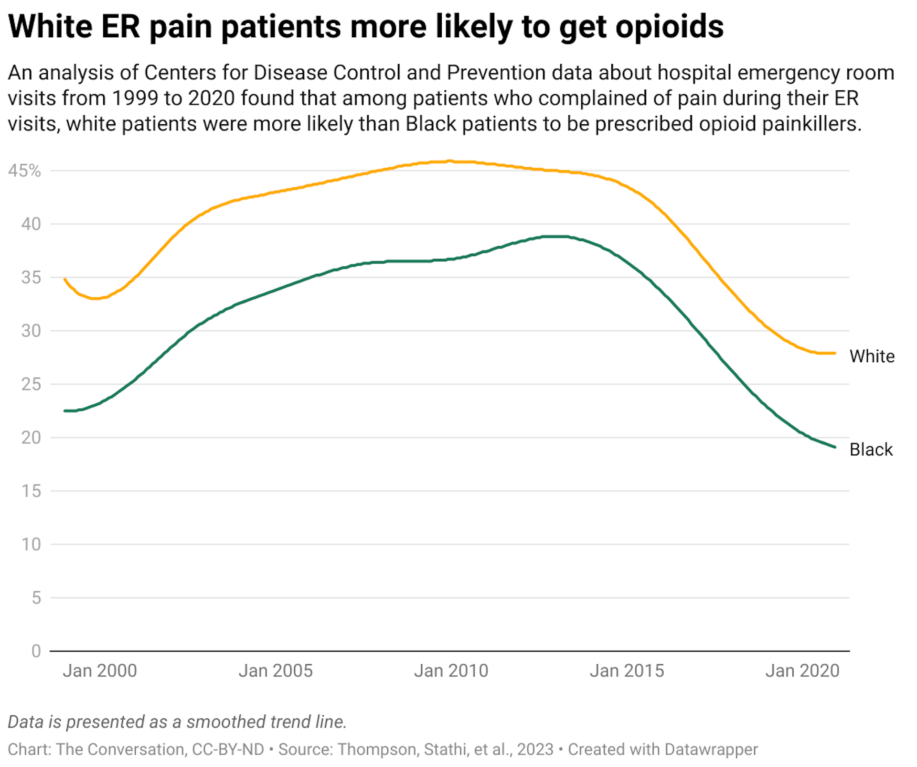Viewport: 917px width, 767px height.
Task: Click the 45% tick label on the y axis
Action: tap(24, 171)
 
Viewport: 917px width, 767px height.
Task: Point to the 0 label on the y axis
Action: tap(36, 651)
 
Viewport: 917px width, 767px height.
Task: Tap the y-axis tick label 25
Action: tap(31, 384)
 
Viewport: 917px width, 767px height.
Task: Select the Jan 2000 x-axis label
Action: tap(99, 671)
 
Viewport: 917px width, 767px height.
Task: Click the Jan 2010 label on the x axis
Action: tap(451, 671)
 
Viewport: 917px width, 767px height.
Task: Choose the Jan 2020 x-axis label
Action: tap(802, 671)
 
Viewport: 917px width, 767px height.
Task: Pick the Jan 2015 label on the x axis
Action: tap(627, 671)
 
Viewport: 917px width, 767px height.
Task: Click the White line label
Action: tap(872, 356)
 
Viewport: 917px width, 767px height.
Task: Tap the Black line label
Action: tap(871, 450)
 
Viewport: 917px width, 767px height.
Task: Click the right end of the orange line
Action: tap(835, 353)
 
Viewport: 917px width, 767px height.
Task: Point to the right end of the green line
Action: tap(835, 447)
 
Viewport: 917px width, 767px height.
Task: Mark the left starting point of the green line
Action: tap(65, 411)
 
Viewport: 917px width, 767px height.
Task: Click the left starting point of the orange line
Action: tap(65, 279)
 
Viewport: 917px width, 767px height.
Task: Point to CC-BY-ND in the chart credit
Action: tap(228, 749)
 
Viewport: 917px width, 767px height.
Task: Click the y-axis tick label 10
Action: tap(31, 544)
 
